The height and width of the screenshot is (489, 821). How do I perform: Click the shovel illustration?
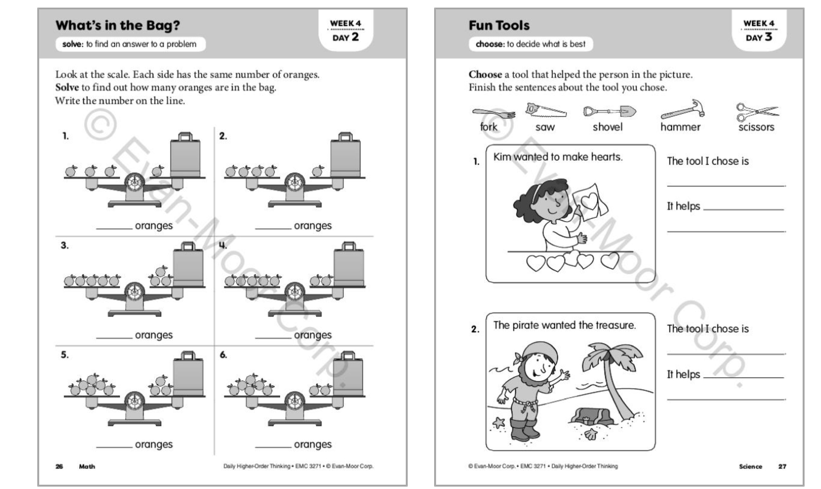point(609,111)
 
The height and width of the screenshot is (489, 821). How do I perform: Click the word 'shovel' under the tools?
point(607,127)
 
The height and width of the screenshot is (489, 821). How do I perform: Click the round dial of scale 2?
point(295,183)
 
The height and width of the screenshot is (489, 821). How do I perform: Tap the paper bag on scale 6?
point(348,374)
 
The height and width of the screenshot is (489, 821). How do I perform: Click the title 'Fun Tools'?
point(499,25)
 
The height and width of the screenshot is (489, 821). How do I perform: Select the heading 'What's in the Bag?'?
point(117,25)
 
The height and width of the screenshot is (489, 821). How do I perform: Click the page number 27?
point(782,466)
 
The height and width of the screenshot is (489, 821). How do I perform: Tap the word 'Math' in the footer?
point(87,466)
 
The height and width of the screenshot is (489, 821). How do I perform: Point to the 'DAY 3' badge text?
point(758,37)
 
